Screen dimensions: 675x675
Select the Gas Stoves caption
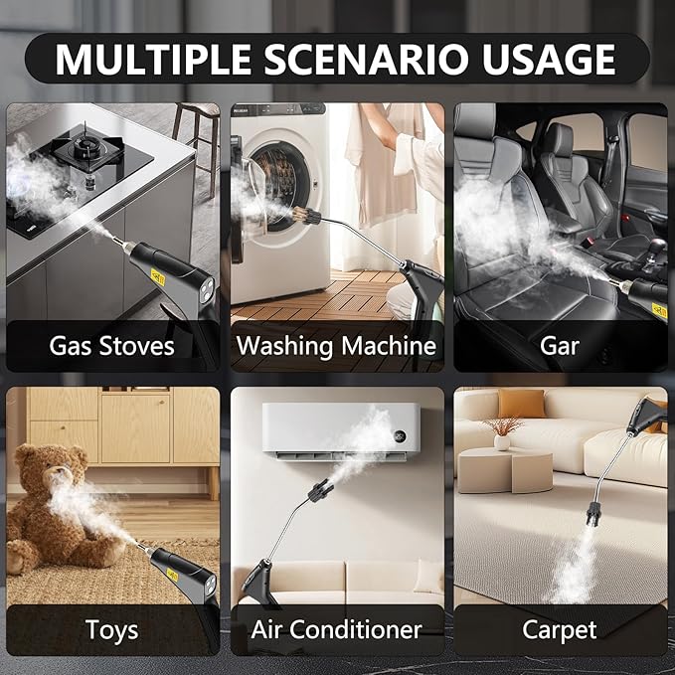111,345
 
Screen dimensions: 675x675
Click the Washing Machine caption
336,345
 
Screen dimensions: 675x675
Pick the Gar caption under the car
561,345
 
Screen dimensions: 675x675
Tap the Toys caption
111,629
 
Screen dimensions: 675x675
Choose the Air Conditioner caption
336,629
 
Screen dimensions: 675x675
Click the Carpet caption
561,629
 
